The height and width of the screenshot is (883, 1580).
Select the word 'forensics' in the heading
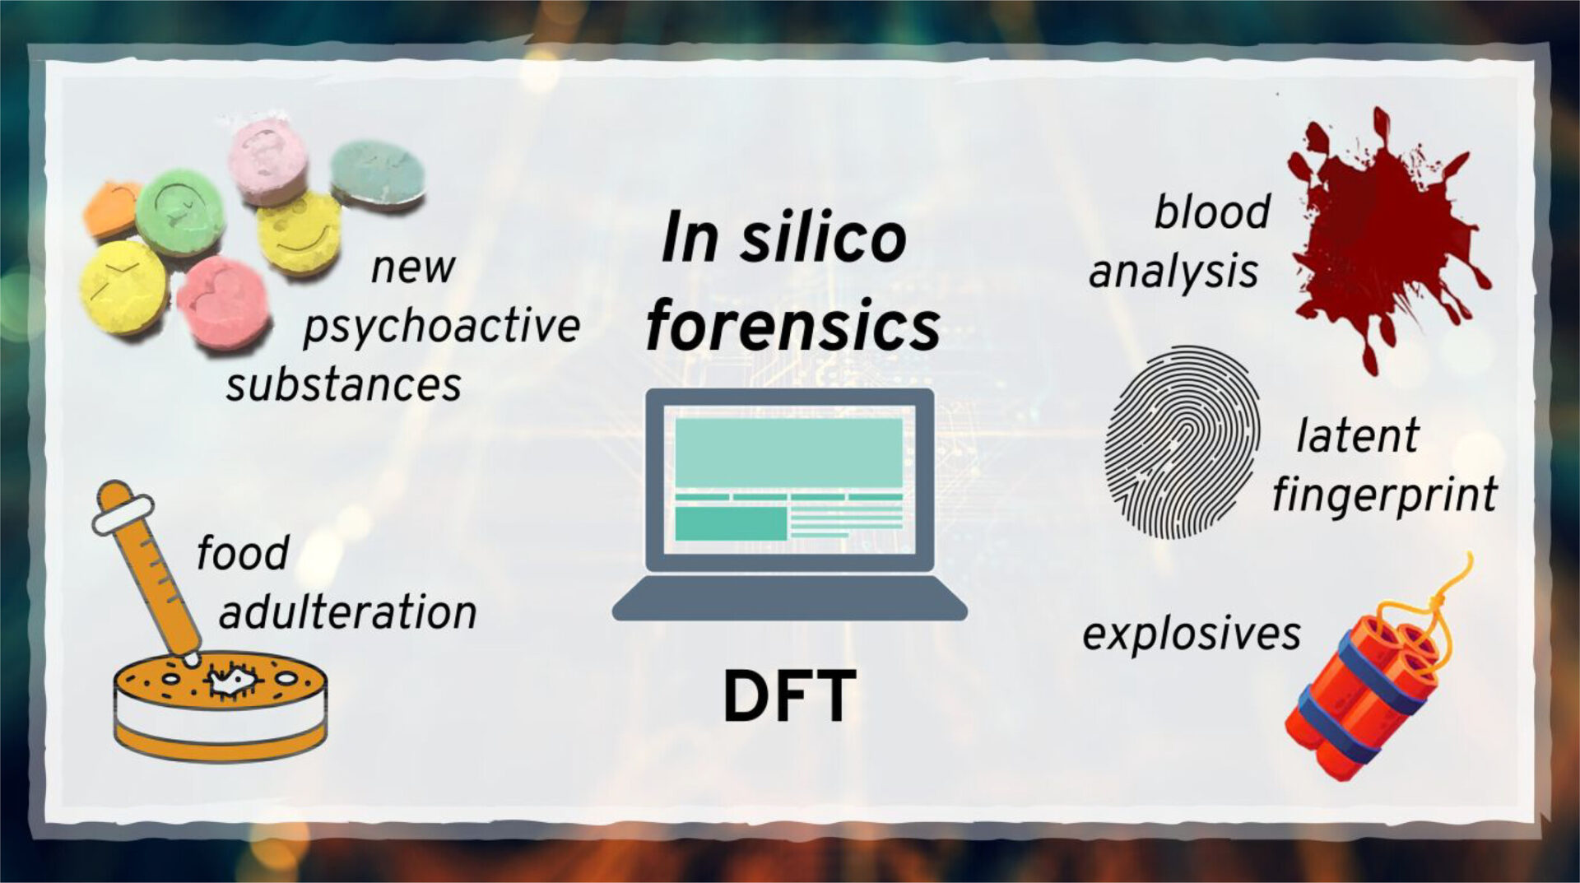(x=792, y=326)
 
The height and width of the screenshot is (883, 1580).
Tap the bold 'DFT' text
(x=789, y=696)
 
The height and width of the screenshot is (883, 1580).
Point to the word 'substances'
(x=344, y=385)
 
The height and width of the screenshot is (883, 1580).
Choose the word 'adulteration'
(x=348, y=612)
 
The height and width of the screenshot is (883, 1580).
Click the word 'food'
(x=243, y=552)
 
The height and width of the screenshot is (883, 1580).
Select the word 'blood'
(x=1212, y=211)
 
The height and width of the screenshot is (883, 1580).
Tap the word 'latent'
(x=1358, y=435)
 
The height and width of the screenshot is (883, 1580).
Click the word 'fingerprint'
(x=1385, y=495)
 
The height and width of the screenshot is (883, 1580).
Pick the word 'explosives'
(x=1192, y=634)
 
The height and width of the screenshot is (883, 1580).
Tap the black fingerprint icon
(x=1183, y=442)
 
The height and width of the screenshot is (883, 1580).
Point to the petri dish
(x=220, y=708)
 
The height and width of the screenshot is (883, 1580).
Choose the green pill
(x=179, y=212)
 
